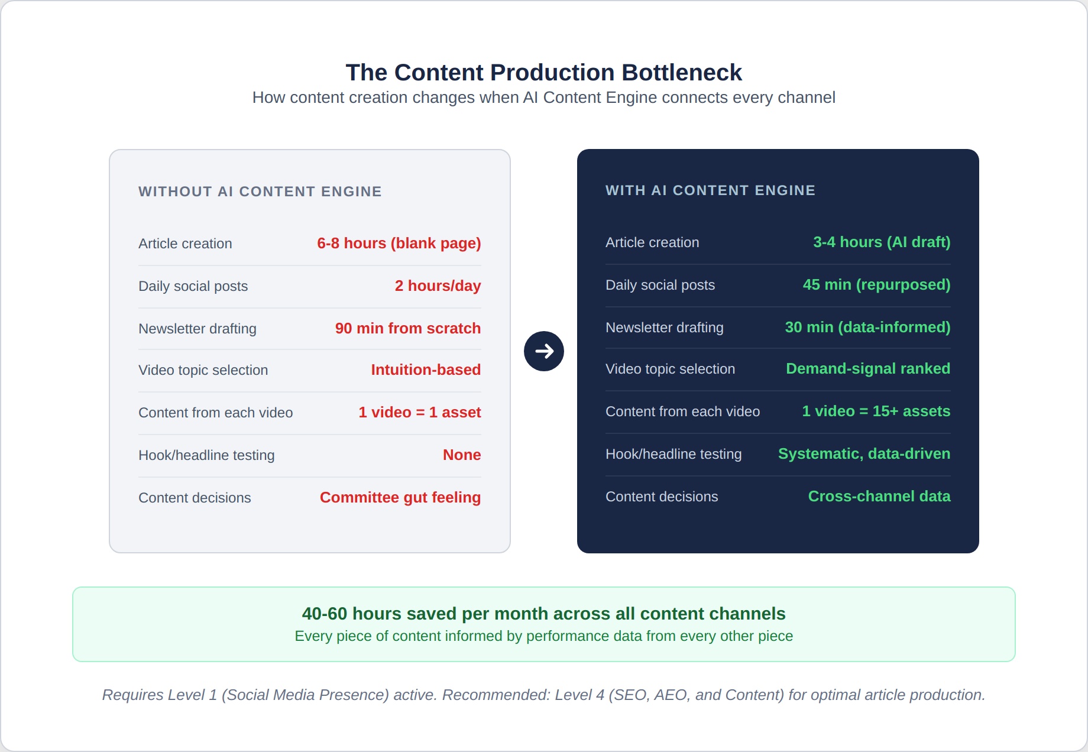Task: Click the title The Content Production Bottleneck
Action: tap(543, 72)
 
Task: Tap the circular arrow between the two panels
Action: tap(544, 351)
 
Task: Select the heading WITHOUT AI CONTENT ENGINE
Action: tap(260, 192)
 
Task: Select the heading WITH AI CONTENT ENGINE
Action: tap(710, 190)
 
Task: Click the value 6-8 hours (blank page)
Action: tap(399, 244)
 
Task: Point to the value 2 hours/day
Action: tap(438, 286)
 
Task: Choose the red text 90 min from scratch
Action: tap(408, 328)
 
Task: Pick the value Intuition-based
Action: tap(426, 369)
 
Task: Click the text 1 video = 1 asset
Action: tap(420, 412)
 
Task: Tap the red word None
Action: tap(462, 455)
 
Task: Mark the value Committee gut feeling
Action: tap(400, 498)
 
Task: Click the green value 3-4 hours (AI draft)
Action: tap(882, 242)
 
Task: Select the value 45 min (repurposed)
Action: tap(877, 285)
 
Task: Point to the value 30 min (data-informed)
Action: tap(868, 328)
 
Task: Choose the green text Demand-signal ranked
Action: tap(868, 369)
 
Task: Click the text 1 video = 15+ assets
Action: tap(876, 411)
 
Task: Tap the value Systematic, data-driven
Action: tap(864, 454)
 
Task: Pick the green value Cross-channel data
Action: tap(879, 496)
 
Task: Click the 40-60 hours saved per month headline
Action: tap(544, 614)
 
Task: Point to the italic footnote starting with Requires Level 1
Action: tap(544, 695)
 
